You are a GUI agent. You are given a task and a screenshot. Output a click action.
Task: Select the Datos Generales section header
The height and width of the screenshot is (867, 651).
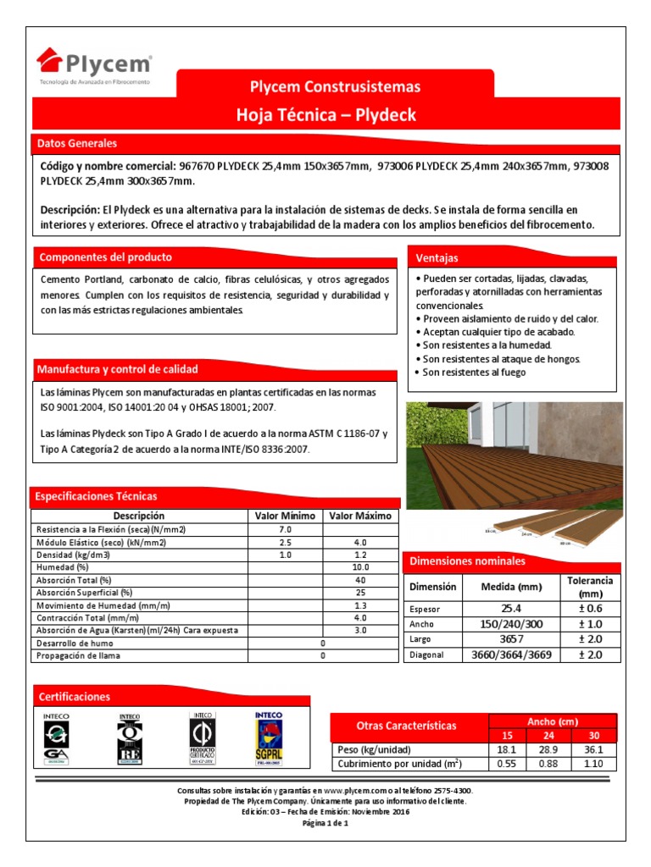(76, 144)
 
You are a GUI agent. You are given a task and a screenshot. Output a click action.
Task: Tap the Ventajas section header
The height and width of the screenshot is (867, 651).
(437, 257)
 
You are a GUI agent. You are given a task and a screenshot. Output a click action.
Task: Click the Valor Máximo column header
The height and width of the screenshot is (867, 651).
(360, 516)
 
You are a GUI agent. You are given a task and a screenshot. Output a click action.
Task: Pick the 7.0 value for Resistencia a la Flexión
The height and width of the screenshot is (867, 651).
(285, 529)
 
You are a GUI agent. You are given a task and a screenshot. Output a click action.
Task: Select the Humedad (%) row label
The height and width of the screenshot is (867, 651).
(62, 567)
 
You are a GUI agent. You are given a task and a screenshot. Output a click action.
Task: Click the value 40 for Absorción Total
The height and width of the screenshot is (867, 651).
(360, 580)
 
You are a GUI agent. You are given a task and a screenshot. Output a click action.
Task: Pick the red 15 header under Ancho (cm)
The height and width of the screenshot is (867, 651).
(507, 736)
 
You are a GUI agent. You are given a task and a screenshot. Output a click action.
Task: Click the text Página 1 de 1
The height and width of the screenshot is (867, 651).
(325, 823)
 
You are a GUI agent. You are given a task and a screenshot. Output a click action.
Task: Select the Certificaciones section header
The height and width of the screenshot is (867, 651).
(75, 697)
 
